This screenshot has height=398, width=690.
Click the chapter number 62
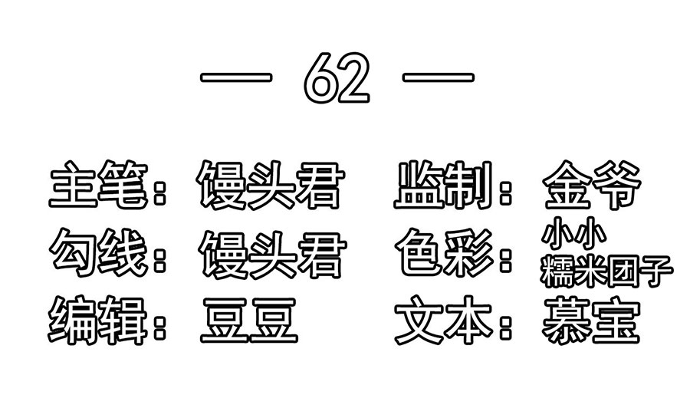point(337,78)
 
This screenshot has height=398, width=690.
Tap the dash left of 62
point(236,77)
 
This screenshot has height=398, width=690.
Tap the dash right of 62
point(439,77)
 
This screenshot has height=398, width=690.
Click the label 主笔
point(99,184)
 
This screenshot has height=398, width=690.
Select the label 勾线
point(99,252)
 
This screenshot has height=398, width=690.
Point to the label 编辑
point(97,320)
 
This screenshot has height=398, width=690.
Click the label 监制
point(443,185)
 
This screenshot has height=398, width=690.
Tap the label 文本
point(444,320)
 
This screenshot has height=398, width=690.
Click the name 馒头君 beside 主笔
point(270,185)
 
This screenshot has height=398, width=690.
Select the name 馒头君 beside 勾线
point(273,254)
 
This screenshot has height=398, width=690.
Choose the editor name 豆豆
point(249,321)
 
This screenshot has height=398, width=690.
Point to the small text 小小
point(573,233)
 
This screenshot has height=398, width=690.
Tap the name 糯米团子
point(607,271)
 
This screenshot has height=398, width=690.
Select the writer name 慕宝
point(591,321)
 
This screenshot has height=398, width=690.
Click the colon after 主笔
point(160,192)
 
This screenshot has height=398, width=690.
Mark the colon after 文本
point(506,327)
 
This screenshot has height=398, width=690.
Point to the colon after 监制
point(506,192)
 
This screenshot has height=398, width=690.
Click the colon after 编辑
point(160,327)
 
